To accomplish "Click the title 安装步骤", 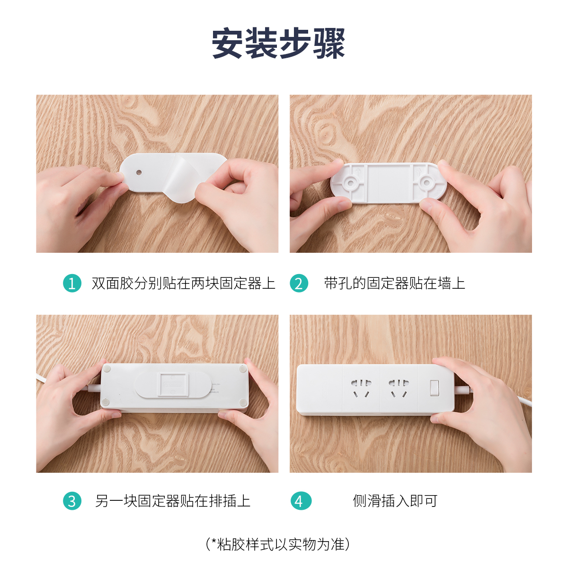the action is coord(278,44).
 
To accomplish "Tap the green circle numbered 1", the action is coord(72,283).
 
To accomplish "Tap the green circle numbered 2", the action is coord(299,283).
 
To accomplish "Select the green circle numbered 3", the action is coord(72,501).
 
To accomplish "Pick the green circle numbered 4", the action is coord(301,501).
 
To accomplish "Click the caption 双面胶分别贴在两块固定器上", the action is coord(183,283).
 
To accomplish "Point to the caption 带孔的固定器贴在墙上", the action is coord(394,283).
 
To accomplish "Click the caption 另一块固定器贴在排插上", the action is coord(173,501).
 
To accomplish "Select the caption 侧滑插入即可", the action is coord(395,501).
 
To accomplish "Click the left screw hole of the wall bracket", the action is coord(350,183).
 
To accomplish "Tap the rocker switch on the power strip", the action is coord(435,388).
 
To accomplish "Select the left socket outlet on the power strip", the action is coord(361,388).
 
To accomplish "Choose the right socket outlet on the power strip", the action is coord(399,388).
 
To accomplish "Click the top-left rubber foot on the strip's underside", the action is coord(106,368).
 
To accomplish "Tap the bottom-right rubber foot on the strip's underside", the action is coord(243,402).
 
